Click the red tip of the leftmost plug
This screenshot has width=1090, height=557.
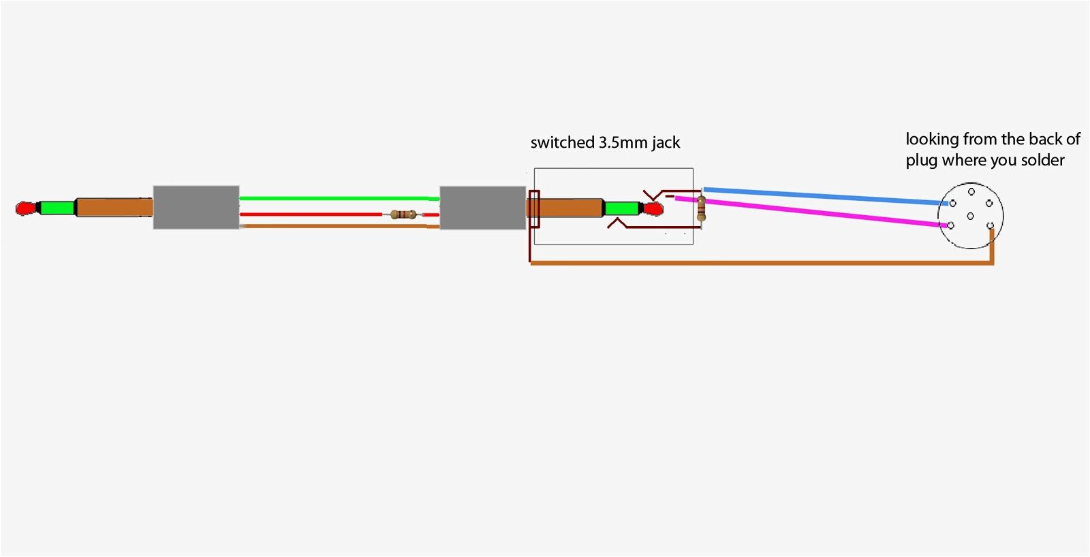pos(25,208)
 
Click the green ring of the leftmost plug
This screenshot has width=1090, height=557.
pos(57,207)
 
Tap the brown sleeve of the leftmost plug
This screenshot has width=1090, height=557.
pos(114,207)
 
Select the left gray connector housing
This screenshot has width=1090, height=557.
pos(196,207)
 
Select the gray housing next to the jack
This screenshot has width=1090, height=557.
pos(482,207)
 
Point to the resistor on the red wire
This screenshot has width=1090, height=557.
pos(403,214)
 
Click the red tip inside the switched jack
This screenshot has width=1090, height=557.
pos(654,208)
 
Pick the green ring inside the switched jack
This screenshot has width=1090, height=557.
pos(621,208)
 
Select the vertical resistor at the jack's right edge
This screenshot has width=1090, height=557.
pos(701,208)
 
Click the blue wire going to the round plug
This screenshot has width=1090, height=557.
pos(824,195)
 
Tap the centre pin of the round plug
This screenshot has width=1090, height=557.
pos(970,216)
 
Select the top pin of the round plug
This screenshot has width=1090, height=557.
pos(971,192)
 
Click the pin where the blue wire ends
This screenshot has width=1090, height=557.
pos(953,203)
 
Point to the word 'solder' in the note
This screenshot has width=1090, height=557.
pos(1042,161)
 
